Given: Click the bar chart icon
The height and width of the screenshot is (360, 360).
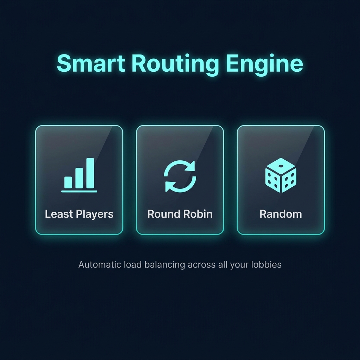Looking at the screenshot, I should (x=79, y=175).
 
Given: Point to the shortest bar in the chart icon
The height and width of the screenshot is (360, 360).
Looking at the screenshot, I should (x=68, y=182).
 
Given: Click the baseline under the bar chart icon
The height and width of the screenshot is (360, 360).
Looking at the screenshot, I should (x=79, y=192).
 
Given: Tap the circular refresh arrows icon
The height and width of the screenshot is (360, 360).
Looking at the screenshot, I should (x=180, y=176).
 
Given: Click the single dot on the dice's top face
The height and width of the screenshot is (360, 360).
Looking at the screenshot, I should (x=281, y=164).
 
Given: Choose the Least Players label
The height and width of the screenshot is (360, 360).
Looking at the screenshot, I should (x=79, y=214).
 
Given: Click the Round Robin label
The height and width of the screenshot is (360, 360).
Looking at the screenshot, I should (x=180, y=214).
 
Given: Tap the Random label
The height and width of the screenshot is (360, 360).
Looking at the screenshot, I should (x=281, y=214).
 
